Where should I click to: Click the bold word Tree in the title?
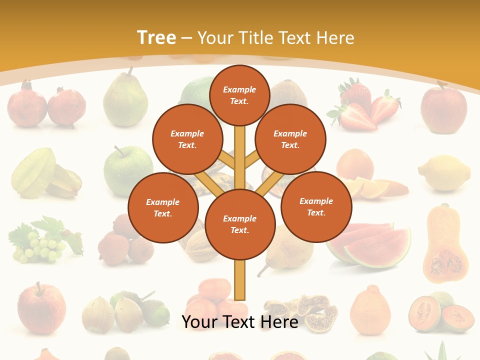156,38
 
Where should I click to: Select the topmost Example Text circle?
239,95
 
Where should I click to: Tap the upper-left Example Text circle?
187,139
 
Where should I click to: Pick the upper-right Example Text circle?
290,139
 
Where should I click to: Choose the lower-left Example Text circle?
163,207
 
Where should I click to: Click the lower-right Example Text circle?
316,206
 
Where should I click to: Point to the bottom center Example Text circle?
240,224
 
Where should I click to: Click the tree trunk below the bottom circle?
240,280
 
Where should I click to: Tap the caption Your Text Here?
240,322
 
